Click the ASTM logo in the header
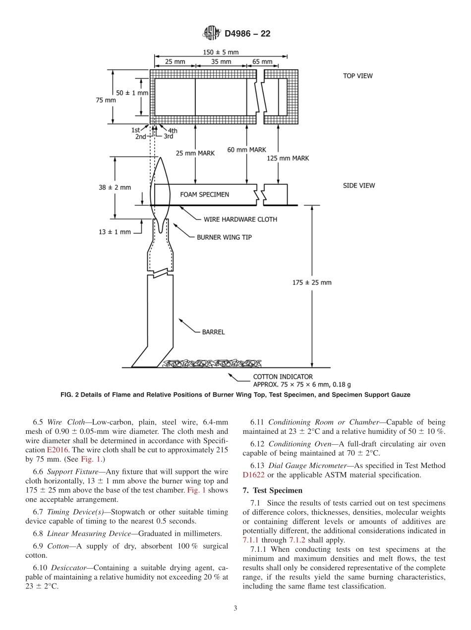click(211, 34)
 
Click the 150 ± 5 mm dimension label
click(221, 52)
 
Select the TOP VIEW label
click(357, 76)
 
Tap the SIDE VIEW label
click(359, 185)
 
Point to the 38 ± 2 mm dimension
click(115, 187)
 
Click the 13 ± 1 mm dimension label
click(115, 232)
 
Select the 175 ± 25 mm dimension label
click(312, 282)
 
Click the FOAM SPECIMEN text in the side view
click(204, 195)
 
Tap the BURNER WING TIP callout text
click(224, 237)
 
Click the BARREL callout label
click(213, 332)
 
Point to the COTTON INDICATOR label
click(283, 376)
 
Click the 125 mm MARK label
click(288, 158)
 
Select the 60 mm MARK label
click(246, 150)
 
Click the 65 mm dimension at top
click(262, 62)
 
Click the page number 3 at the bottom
click(235, 608)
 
